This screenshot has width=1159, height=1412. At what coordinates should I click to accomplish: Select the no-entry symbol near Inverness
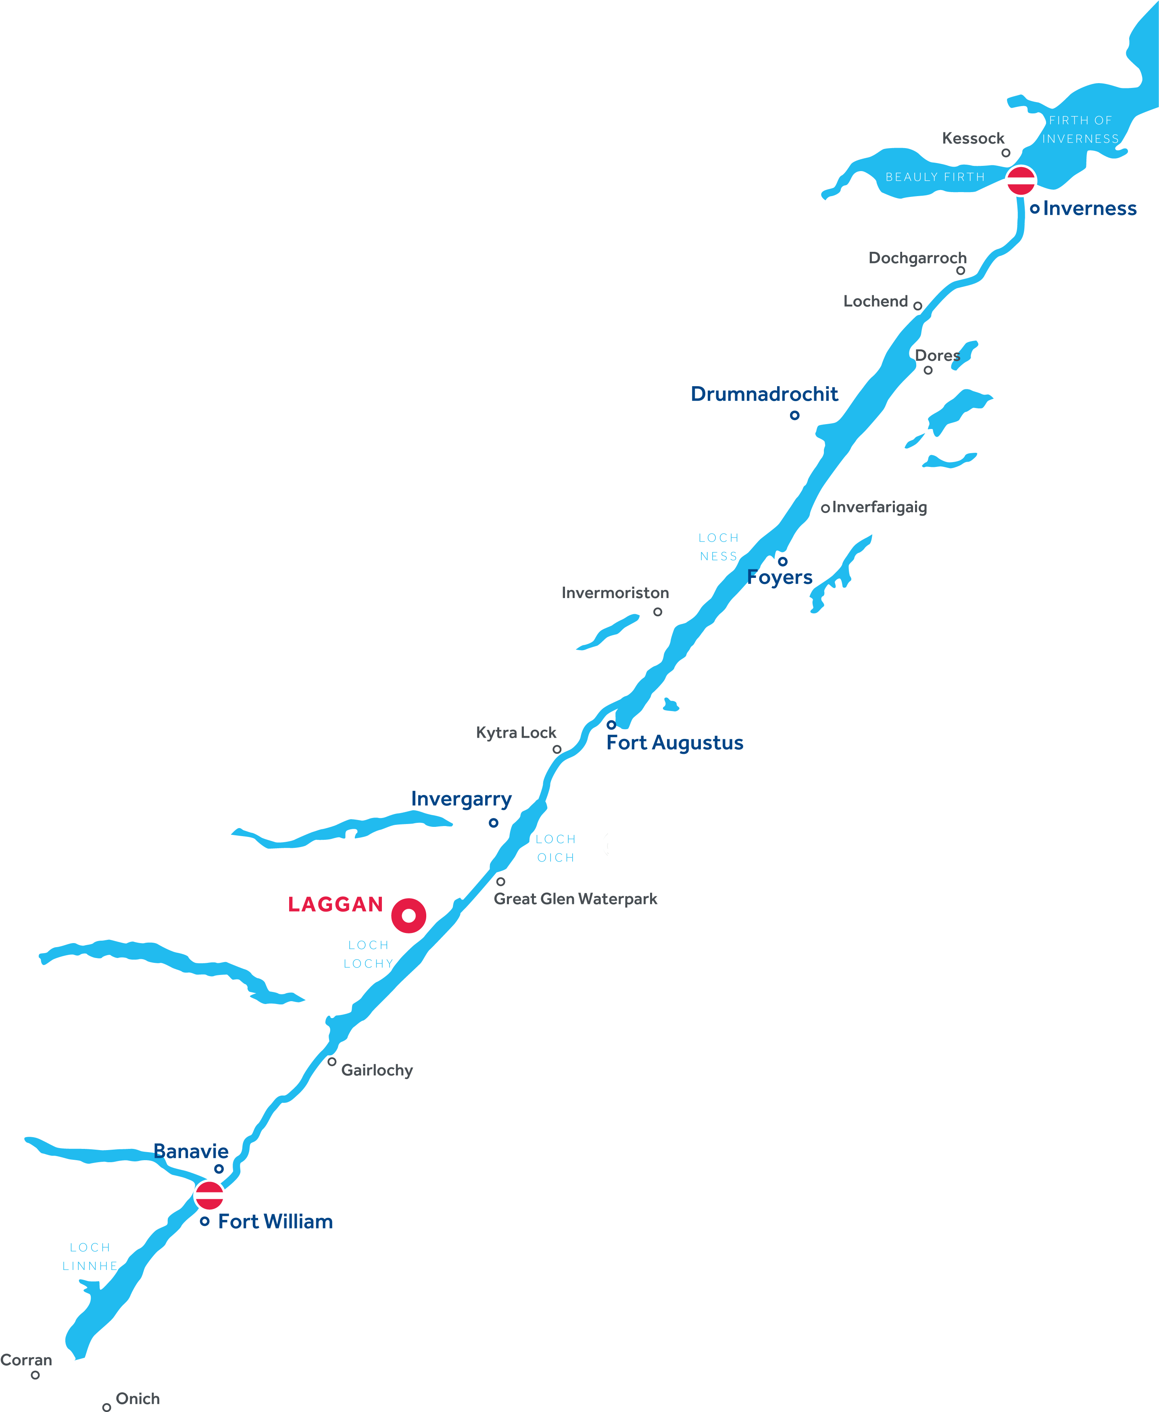tap(1020, 180)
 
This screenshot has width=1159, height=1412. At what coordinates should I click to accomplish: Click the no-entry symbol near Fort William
tap(209, 1195)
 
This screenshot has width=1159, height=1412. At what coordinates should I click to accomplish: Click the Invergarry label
tap(461, 799)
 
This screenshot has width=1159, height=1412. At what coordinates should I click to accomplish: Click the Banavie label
tap(191, 1151)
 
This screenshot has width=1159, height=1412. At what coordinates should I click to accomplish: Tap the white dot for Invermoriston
tap(658, 612)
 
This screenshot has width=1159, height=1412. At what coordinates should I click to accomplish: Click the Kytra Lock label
tap(516, 733)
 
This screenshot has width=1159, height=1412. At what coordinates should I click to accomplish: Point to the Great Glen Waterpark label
tap(575, 899)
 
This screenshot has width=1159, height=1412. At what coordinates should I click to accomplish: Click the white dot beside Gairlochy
tap(332, 1061)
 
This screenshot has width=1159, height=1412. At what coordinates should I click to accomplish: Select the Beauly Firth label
tap(935, 177)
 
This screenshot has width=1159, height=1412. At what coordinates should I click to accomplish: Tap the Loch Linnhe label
tap(90, 1256)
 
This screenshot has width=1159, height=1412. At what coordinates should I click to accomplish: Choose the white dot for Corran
tap(35, 1374)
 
